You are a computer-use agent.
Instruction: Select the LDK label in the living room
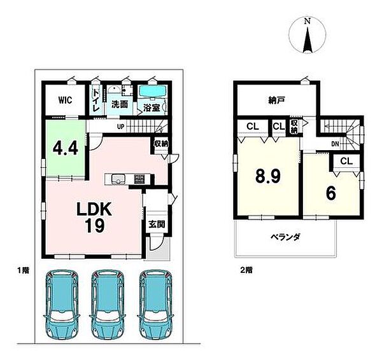tap(95, 210)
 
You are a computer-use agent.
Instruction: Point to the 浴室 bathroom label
tap(151, 107)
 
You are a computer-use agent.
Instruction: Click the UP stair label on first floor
tap(120, 127)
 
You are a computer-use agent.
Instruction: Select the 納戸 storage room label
tap(275, 100)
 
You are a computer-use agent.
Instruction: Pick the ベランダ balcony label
tap(283, 237)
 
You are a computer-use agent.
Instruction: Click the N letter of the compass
tap(307, 21)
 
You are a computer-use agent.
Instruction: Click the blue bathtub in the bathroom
tap(153, 92)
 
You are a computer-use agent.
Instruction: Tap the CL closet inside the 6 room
tap(346, 162)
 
